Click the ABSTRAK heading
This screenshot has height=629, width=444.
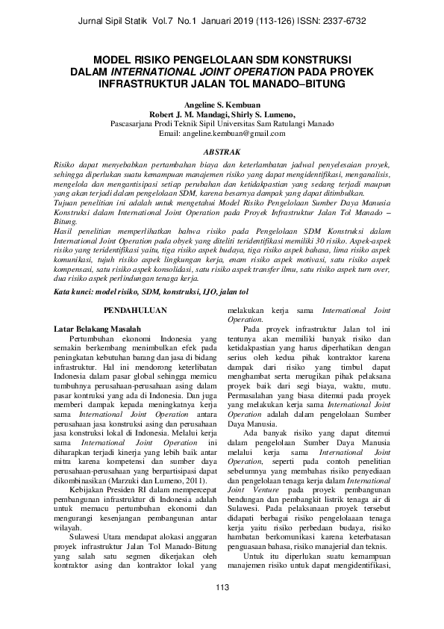pyautogui.click(x=222, y=150)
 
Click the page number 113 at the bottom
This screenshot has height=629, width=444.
pyautogui.click(x=222, y=608)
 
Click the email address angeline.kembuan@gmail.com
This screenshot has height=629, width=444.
pyautogui.click(x=222, y=134)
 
